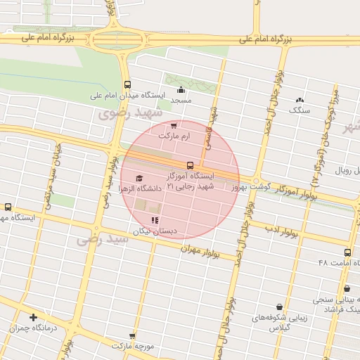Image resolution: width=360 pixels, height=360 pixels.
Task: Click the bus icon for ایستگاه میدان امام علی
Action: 127,84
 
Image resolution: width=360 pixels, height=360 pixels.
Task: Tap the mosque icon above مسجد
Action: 181,89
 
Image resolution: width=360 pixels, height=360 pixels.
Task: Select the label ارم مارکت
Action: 174,135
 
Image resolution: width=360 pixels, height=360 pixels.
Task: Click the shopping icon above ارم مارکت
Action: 174,125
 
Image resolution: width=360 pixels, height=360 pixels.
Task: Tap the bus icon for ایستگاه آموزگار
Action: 190,166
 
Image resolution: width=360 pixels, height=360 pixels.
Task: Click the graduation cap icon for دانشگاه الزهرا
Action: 139,179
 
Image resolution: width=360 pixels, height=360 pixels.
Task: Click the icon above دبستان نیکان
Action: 155,221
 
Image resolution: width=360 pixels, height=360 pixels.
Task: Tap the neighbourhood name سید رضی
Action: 104,240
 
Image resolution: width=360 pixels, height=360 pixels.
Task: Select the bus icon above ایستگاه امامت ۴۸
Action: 347,252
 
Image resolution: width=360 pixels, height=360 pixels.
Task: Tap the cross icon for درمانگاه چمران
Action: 32,317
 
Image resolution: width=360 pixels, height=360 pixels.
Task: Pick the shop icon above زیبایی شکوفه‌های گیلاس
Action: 280,307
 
